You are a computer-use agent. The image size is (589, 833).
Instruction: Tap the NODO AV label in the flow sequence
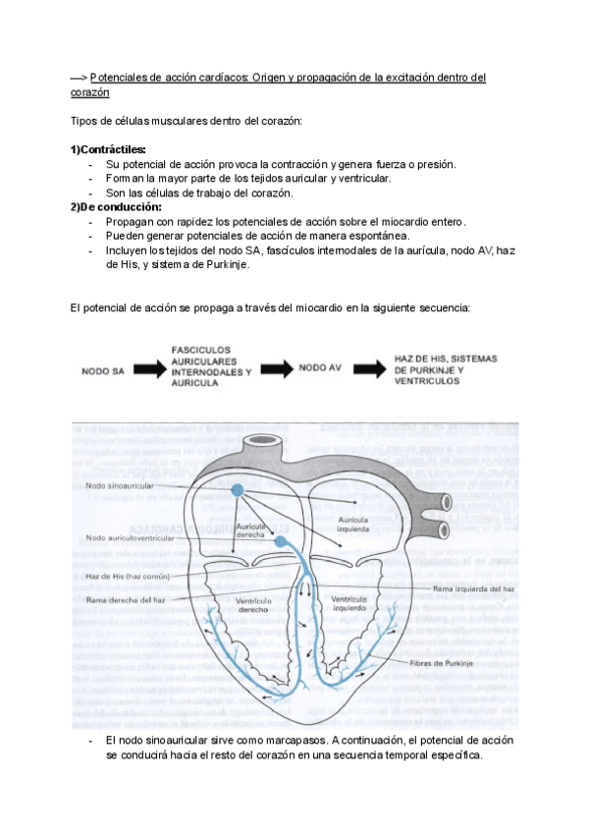tap(319, 367)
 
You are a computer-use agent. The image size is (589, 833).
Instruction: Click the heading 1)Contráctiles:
tap(108, 149)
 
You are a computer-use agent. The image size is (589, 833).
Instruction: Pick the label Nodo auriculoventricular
tap(130, 537)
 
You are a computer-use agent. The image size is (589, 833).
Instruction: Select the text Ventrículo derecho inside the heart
tap(253, 604)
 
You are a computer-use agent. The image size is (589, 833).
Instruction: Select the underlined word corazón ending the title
tap(90, 92)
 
